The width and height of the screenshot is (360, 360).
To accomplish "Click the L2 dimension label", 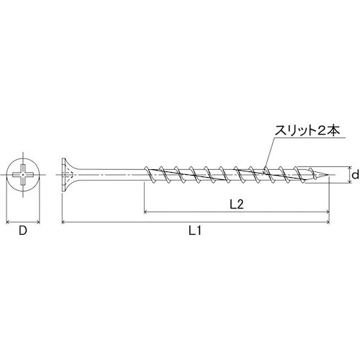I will click(235, 204).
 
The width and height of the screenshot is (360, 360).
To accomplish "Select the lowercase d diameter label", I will click(354, 174).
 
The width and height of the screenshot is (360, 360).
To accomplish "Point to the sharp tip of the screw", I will click(330, 175).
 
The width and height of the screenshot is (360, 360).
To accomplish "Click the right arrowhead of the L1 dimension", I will click(328, 222).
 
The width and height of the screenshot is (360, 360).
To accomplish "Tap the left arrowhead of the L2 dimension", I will click(147, 212).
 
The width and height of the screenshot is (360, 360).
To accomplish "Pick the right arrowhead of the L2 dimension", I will click(328, 212).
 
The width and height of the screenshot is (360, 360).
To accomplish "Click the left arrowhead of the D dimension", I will click(8, 222).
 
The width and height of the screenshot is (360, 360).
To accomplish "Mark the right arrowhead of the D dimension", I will click(40, 222).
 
